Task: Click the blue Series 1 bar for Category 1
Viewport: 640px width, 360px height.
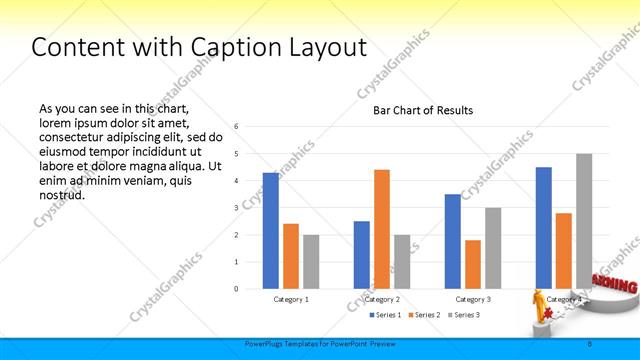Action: (x=271, y=231)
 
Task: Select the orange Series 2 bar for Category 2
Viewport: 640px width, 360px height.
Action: (x=382, y=229)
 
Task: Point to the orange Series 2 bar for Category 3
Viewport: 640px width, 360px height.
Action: (x=473, y=264)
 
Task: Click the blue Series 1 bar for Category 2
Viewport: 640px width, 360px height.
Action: (x=362, y=255)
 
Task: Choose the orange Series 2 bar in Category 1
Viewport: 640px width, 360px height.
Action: (x=291, y=256)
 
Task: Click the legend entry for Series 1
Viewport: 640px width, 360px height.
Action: (x=385, y=315)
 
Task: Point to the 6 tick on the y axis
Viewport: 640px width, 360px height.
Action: (x=236, y=127)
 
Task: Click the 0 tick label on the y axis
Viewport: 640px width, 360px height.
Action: (x=236, y=289)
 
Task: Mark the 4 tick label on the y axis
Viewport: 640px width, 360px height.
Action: (x=236, y=181)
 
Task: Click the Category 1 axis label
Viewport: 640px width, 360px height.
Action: (x=291, y=299)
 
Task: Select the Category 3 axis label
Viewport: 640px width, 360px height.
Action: (x=473, y=299)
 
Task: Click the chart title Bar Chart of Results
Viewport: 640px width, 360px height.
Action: (x=423, y=110)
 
